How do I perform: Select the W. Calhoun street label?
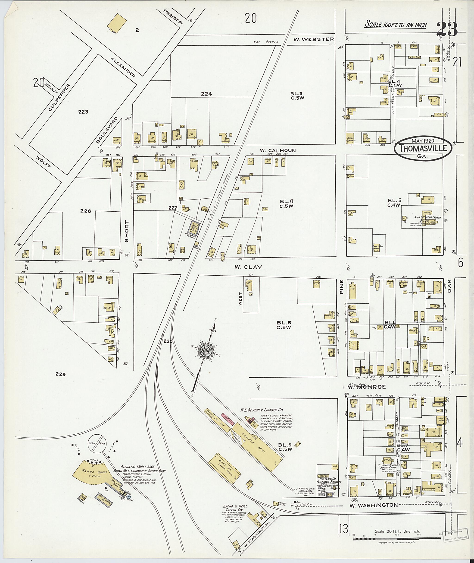(x=278, y=150)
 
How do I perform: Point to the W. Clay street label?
(x=248, y=267)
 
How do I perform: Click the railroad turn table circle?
(x=97, y=443)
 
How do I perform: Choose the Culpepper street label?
(x=59, y=98)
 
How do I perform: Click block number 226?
(x=85, y=211)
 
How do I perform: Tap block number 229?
(x=60, y=374)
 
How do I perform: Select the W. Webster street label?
(x=313, y=39)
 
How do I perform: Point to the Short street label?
(x=127, y=231)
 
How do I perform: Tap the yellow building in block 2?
(x=117, y=23)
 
